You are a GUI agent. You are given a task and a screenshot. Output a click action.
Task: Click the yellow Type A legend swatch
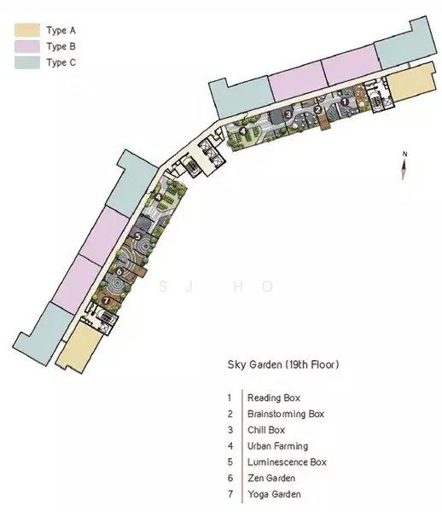[27, 30]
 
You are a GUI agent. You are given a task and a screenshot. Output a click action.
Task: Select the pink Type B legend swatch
[27, 46]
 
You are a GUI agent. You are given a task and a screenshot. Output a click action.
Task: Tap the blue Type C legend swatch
[27, 62]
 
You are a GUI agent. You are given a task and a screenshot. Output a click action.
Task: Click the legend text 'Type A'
[61, 31]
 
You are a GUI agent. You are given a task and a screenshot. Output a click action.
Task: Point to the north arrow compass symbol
[404, 166]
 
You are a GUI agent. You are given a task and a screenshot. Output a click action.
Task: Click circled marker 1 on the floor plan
[344, 102]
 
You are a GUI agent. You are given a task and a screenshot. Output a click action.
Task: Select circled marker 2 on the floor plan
[318, 110]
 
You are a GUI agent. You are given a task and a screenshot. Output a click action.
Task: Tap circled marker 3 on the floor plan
[288, 114]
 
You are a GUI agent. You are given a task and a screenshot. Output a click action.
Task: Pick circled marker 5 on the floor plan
[137, 236]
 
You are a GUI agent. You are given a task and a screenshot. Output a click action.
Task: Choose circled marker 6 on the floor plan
[119, 271]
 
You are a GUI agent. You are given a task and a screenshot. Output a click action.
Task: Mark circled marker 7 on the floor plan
[106, 300]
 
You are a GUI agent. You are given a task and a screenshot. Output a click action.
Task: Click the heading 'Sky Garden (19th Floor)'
[283, 364]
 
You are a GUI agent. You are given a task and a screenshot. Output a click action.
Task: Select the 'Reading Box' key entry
[274, 398]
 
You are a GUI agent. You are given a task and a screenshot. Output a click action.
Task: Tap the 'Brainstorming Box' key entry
[286, 414]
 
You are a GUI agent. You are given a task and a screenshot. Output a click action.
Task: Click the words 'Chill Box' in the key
[266, 430]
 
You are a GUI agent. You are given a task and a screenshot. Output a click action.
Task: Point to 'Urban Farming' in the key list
[277, 446]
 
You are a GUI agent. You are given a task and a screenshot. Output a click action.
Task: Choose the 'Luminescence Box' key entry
[287, 462]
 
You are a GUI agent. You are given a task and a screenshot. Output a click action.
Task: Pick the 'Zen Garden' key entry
[271, 478]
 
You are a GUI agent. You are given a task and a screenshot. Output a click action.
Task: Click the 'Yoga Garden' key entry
[274, 494]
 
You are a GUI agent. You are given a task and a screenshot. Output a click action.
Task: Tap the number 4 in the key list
[230, 446]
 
